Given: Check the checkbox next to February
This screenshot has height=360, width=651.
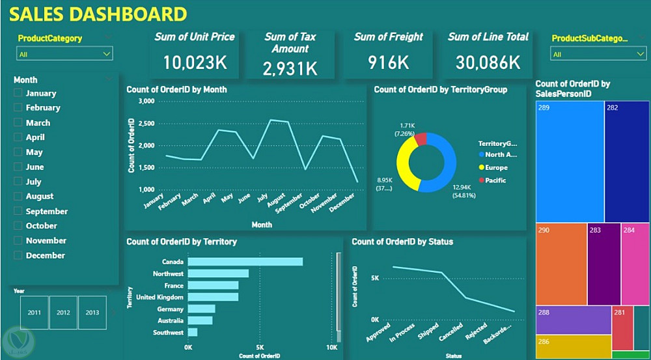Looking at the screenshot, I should click(18, 108).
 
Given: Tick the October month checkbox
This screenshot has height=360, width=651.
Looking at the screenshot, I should click(18, 226).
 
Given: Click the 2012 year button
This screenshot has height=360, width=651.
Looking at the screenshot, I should click(63, 312).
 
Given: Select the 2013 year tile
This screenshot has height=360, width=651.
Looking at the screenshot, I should click(92, 312).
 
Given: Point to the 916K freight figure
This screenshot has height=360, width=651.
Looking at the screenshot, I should click(388, 62).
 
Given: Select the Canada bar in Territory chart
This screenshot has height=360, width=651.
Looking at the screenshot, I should click(245, 262).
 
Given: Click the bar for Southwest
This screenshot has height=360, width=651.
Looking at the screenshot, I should click(193, 333).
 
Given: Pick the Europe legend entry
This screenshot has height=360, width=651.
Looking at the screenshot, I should click(495, 167).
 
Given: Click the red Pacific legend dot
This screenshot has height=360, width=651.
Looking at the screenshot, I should click(482, 180).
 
